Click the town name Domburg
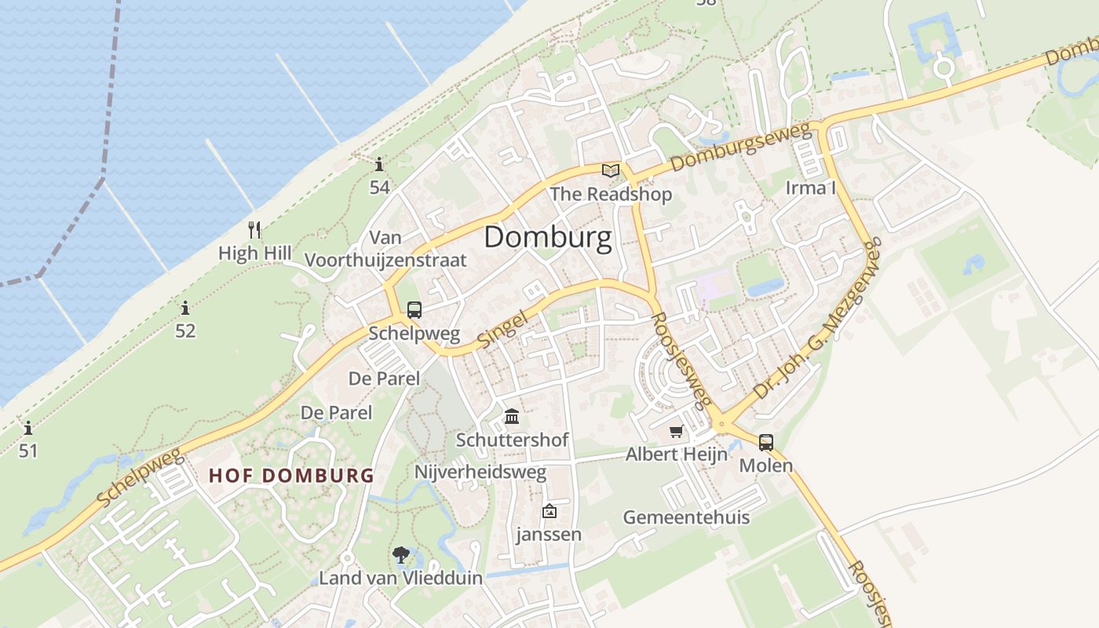[547, 237]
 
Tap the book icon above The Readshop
[611, 170]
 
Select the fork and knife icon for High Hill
[254, 230]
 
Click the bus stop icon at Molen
[766, 442]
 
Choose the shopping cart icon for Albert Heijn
[677, 431]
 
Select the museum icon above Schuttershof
[512, 415]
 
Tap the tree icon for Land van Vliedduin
[401, 555]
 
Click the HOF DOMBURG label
[291, 475]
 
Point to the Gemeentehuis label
[686, 517]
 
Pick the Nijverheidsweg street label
[480, 472]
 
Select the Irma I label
[811, 188]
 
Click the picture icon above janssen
[549, 511]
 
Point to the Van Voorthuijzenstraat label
[385, 249]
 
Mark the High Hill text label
[254, 253]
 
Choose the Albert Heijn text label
[676, 455]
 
